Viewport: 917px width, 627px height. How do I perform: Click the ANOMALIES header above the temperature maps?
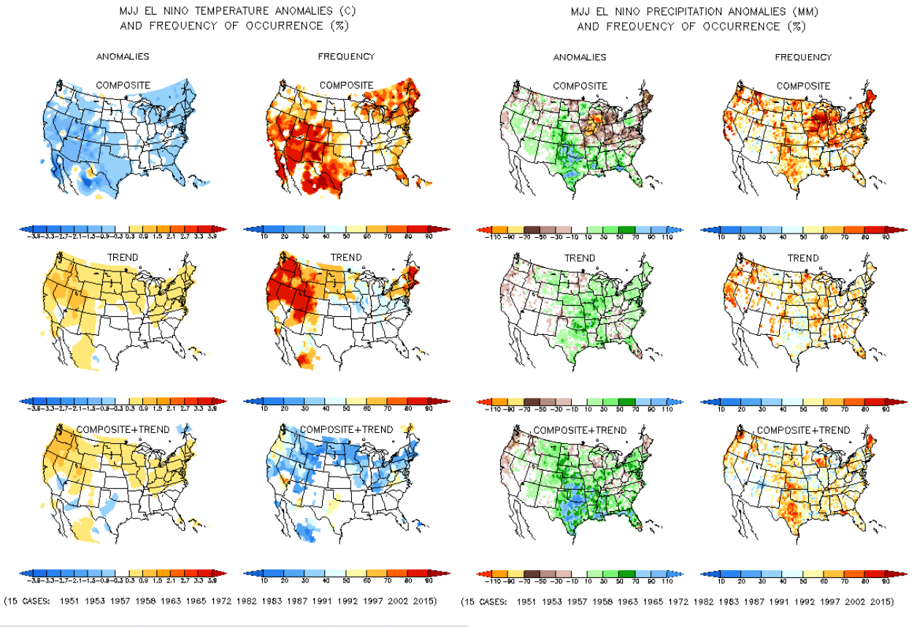(x=123, y=56)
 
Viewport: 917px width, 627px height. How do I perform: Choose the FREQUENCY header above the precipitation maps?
(x=803, y=57)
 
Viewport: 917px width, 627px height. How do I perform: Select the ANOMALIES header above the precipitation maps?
(x=580, y=57)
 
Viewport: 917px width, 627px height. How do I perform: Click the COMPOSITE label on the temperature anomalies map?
(x=123, y=85)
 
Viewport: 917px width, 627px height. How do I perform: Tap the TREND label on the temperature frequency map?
(x=346, y=258)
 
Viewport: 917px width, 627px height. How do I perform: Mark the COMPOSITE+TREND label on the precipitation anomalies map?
(x=580, y=430)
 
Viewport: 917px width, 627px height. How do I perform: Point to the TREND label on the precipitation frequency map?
(x=803, y=258)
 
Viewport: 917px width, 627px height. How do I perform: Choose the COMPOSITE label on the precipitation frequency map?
(x=803, y=86)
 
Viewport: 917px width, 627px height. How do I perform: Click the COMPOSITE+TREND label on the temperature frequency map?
(x=346, y=429)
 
